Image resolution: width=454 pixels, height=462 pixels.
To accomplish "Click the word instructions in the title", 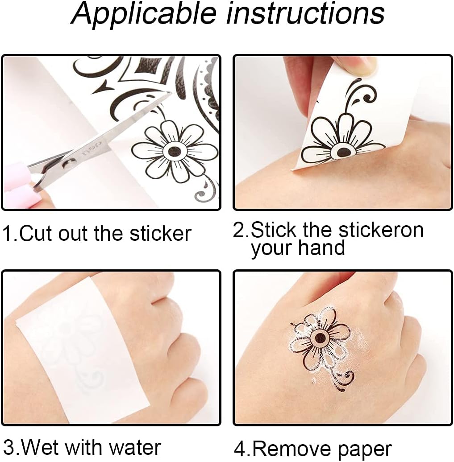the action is coord(306,13).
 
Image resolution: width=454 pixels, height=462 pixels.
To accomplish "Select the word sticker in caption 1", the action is coord(160,233).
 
